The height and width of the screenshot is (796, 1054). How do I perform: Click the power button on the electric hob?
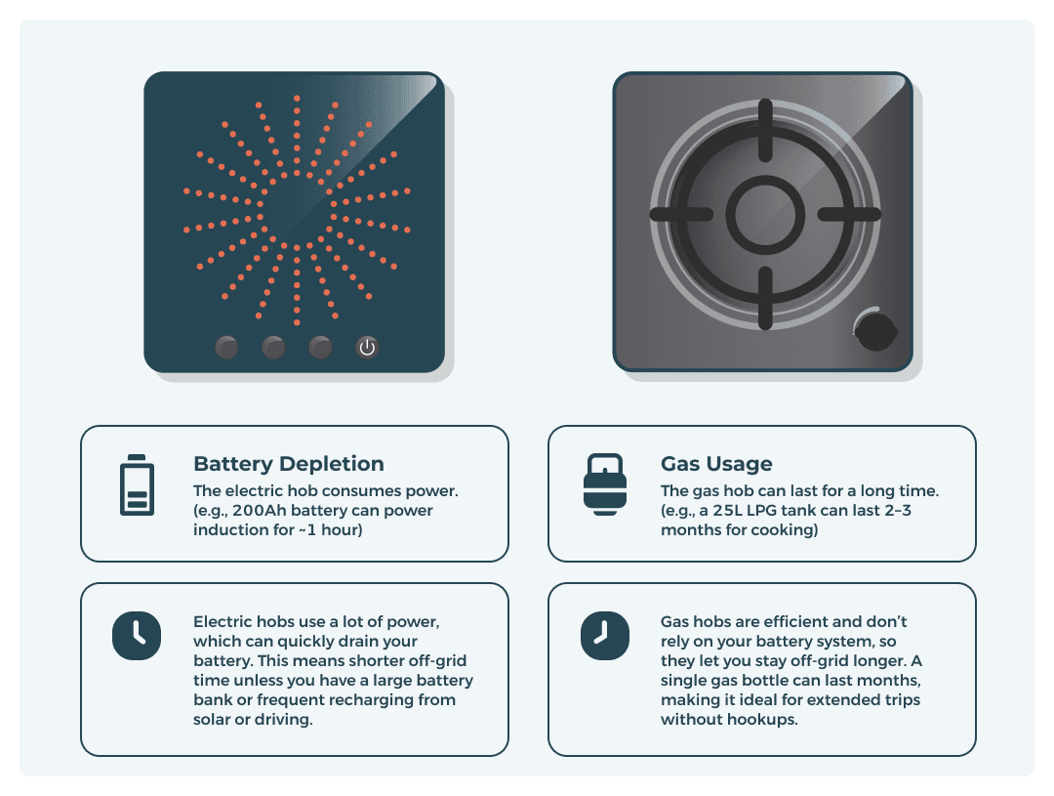click(367, 347)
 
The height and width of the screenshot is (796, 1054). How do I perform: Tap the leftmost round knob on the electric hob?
click(226, 347)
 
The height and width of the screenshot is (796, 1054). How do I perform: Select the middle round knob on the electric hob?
click(273, 347)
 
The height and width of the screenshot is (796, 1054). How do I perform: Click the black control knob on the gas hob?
click(875, 330)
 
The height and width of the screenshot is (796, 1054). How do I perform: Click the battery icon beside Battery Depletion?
click(136, 485)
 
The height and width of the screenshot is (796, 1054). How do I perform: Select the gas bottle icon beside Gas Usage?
click(604, 484)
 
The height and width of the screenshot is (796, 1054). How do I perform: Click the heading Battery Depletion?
click(289, 464)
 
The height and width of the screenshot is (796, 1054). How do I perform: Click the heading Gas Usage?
click(716, 464)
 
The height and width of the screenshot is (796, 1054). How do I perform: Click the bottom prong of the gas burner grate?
click(763, 297)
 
